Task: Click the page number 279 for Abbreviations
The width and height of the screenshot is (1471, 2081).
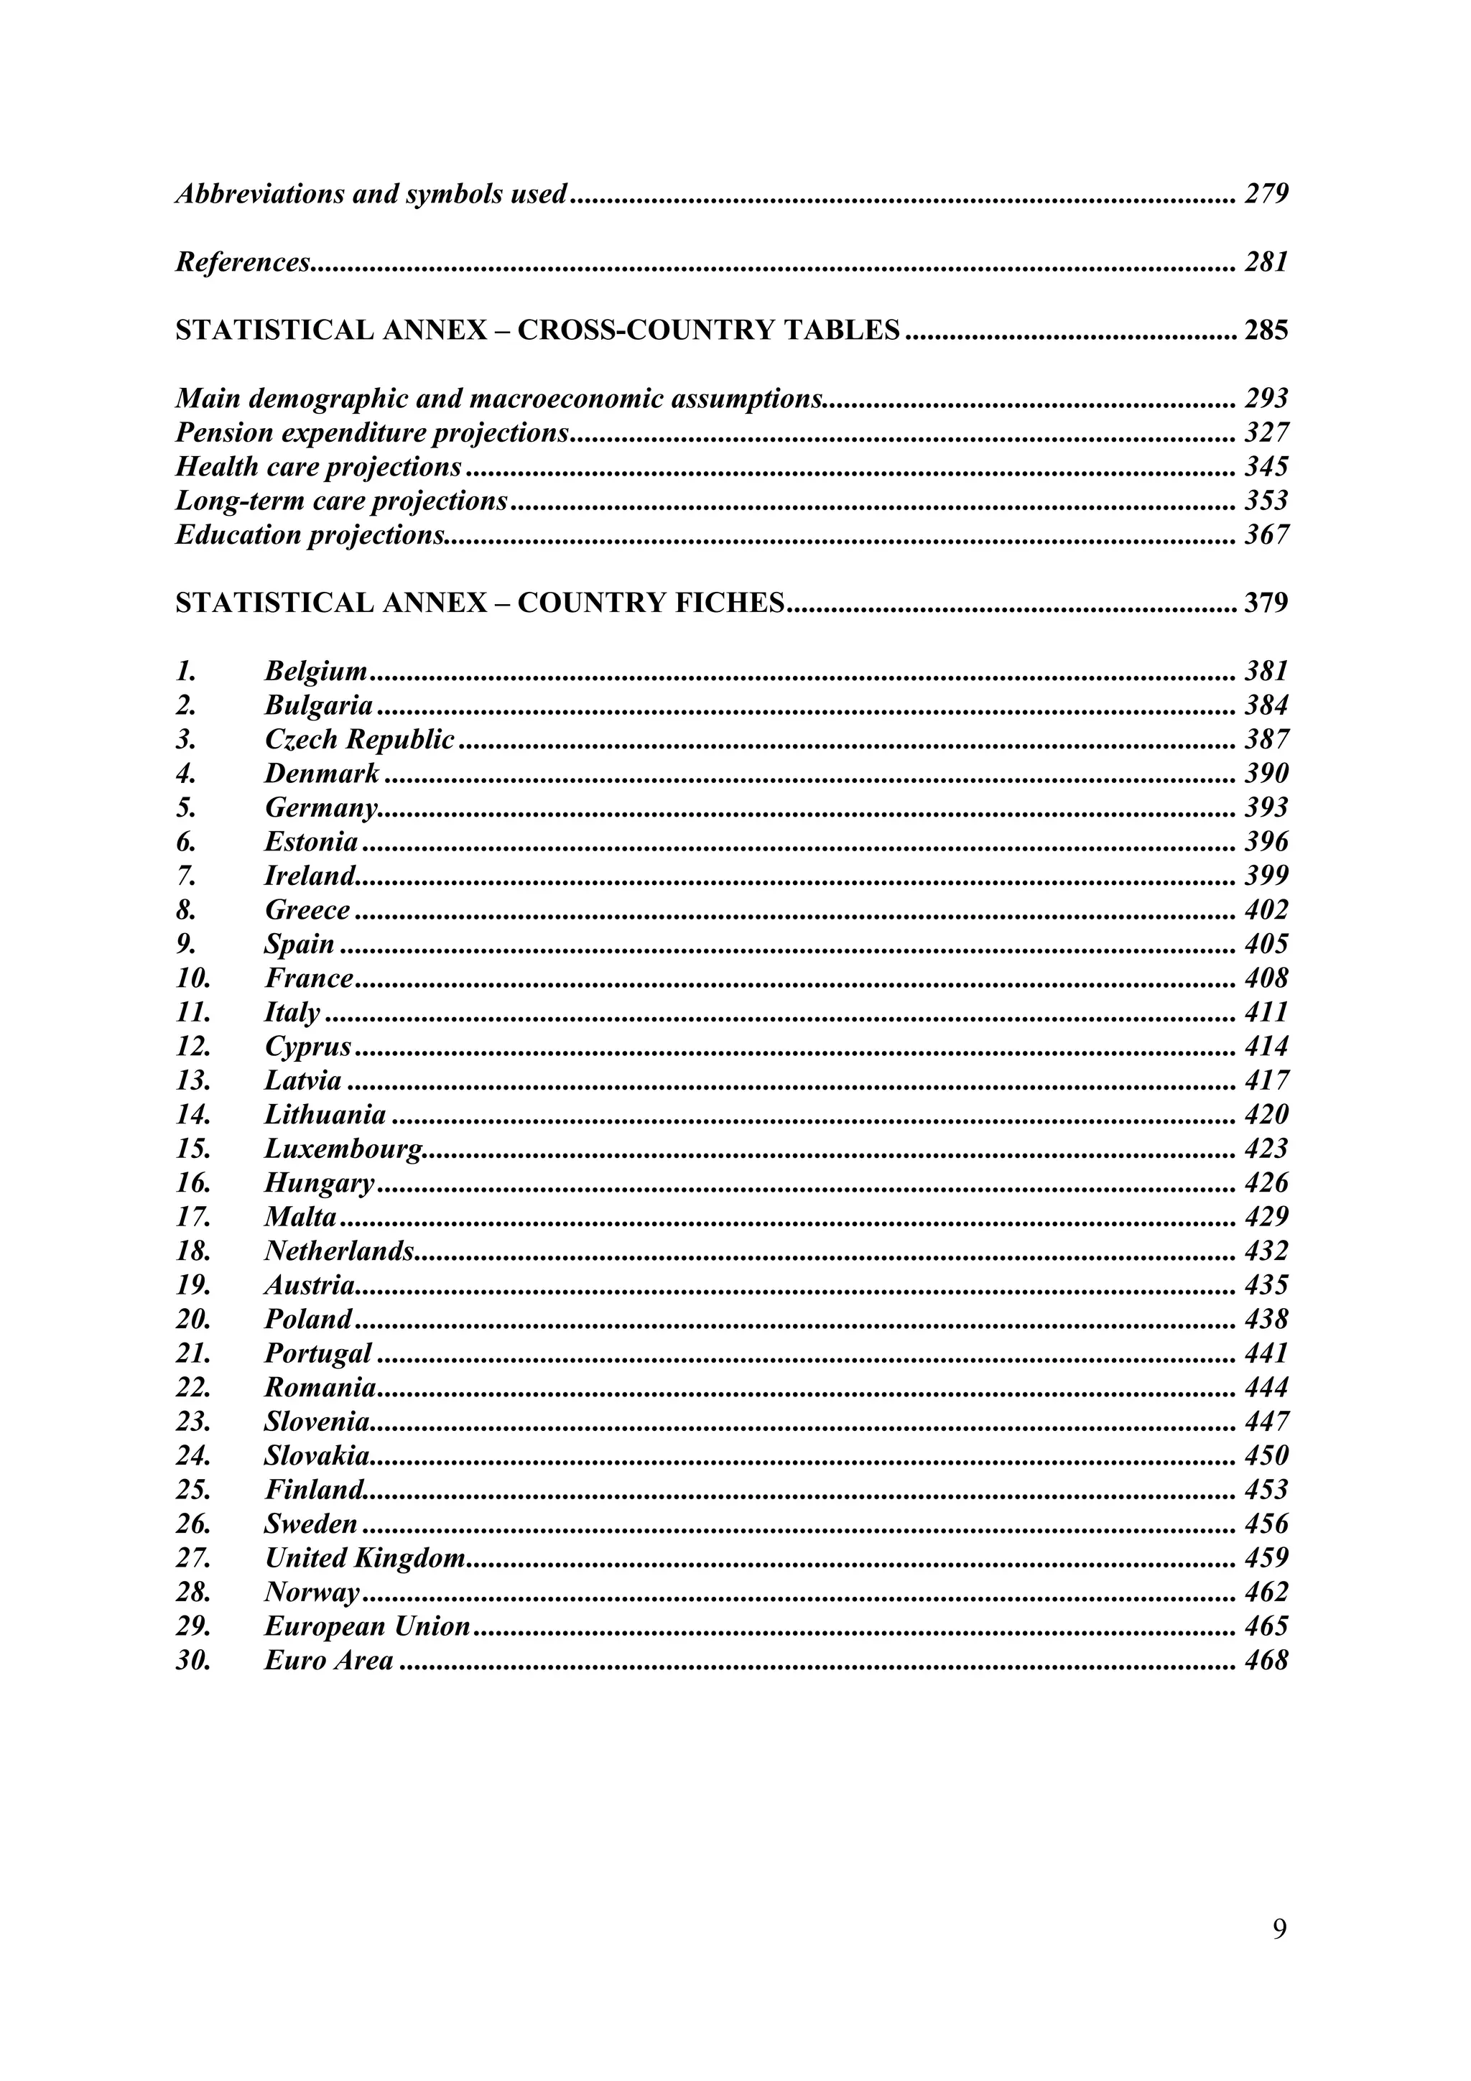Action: coord(1266,194)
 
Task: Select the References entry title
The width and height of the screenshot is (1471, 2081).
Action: coord(243,262)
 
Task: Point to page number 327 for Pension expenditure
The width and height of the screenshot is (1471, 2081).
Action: coord(1266,432)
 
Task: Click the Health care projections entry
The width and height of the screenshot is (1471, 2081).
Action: coord(318,467)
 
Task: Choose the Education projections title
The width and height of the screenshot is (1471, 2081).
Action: coord(310,534)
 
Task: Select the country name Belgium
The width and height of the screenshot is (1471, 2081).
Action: coord(315,672)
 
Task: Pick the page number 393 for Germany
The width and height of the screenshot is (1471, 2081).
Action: coord(1266,807)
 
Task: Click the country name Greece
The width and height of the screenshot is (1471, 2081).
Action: coord(307,910)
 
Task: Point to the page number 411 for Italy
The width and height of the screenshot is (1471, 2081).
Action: coord(1266,1012)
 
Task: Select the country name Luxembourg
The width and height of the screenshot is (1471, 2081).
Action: coord(343,1149)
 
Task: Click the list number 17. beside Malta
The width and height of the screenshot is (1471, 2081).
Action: coord(193,1218)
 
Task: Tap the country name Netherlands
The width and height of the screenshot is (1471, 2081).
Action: coord(339,1251)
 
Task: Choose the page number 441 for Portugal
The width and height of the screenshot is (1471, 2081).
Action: coord(1266,1353)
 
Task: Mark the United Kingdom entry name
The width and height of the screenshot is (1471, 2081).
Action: coord(364,1558)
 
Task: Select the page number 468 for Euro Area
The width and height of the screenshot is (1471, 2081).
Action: coord(1266,1661)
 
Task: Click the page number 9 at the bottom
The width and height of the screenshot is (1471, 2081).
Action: coord(1279,1931)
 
